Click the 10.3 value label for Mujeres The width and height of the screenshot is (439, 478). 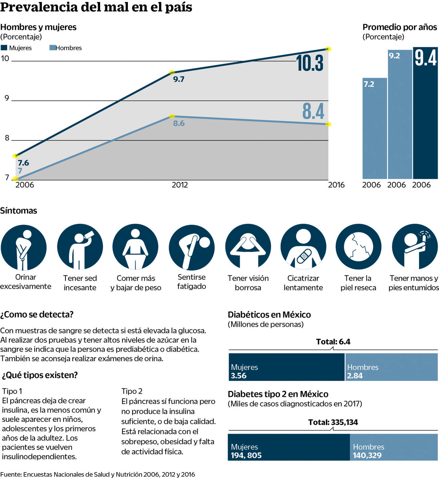pyautogui.click(x=310, y=63)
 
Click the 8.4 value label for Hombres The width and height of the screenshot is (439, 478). pyautogui.click(x=313, y=111)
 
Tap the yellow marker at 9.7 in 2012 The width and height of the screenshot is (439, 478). pyautogui.click(x=172, y=73)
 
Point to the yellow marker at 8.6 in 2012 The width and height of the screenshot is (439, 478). pyautogui.click(x=172, y=117)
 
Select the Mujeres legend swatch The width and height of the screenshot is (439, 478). pyautogui.click(x=4, y=48)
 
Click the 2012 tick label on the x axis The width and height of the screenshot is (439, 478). pyautogui.click(x=180, y=185)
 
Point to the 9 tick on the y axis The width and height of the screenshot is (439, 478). pyautogui.click(x=7, y=98)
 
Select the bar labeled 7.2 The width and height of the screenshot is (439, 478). pyautogui.click(x=375, y=128)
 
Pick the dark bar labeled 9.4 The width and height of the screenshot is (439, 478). pyautogui.click(x=425, y=113)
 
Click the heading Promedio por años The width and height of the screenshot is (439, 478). pyautogui.click(x=400, y=27)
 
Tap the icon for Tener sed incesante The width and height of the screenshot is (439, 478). pyautogui.click(x=80, y=247)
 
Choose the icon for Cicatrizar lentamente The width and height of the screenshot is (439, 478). pyautogui.click(x=303, y=247)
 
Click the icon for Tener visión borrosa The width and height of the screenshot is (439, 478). pyautogui.click(x=248, y=247)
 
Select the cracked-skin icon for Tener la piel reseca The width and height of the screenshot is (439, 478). pyautogui.click(x=358, y=247)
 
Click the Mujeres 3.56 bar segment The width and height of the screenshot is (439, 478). pyautogui.click(x=286, y=367)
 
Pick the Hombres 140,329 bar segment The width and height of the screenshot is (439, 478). pyautogui.click(x=394, y=447)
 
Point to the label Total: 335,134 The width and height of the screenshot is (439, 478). pyautogui.click(x=333, y=422)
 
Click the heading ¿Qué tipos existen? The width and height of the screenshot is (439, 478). pyautogui.click(x=40, y=375)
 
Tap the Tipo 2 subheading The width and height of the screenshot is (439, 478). pyautogui.click(x=132, y=391)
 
